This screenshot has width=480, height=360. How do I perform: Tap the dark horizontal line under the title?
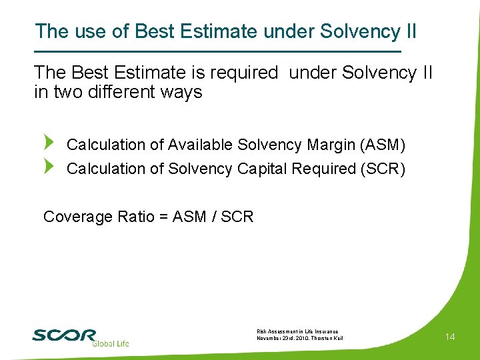click(x=217, y=51)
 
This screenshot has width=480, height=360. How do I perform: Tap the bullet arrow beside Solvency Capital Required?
click(x=48, y=167)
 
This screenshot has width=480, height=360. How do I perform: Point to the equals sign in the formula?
click(x=161, y=217)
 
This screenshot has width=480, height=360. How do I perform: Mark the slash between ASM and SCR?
click(x=215, y=217)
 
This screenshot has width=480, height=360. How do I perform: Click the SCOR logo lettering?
click(x=64, y=335)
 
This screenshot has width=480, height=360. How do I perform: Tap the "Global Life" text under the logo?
click(x=110, y=343)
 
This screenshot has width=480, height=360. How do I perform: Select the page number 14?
click(x=450, y=337)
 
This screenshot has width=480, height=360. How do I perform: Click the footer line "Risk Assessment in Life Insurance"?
click(x=297, y=331)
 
